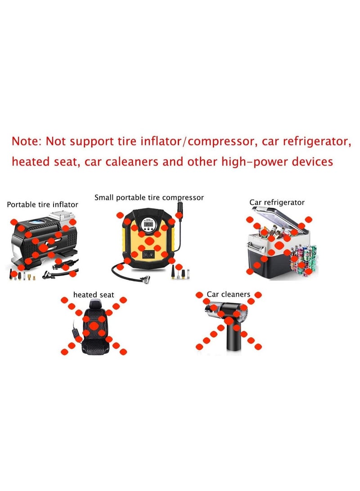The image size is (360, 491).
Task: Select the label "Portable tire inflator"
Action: tap(42, 205)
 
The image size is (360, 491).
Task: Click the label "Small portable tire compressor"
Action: tap(149, 197)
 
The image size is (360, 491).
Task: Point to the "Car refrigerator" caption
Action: tap(277, 202)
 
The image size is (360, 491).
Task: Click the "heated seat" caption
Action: tap(94, 295)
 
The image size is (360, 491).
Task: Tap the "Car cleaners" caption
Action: tap(228, 295)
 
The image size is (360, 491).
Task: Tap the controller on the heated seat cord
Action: tap(73, 335)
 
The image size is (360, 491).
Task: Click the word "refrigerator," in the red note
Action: tap(313, 141)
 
